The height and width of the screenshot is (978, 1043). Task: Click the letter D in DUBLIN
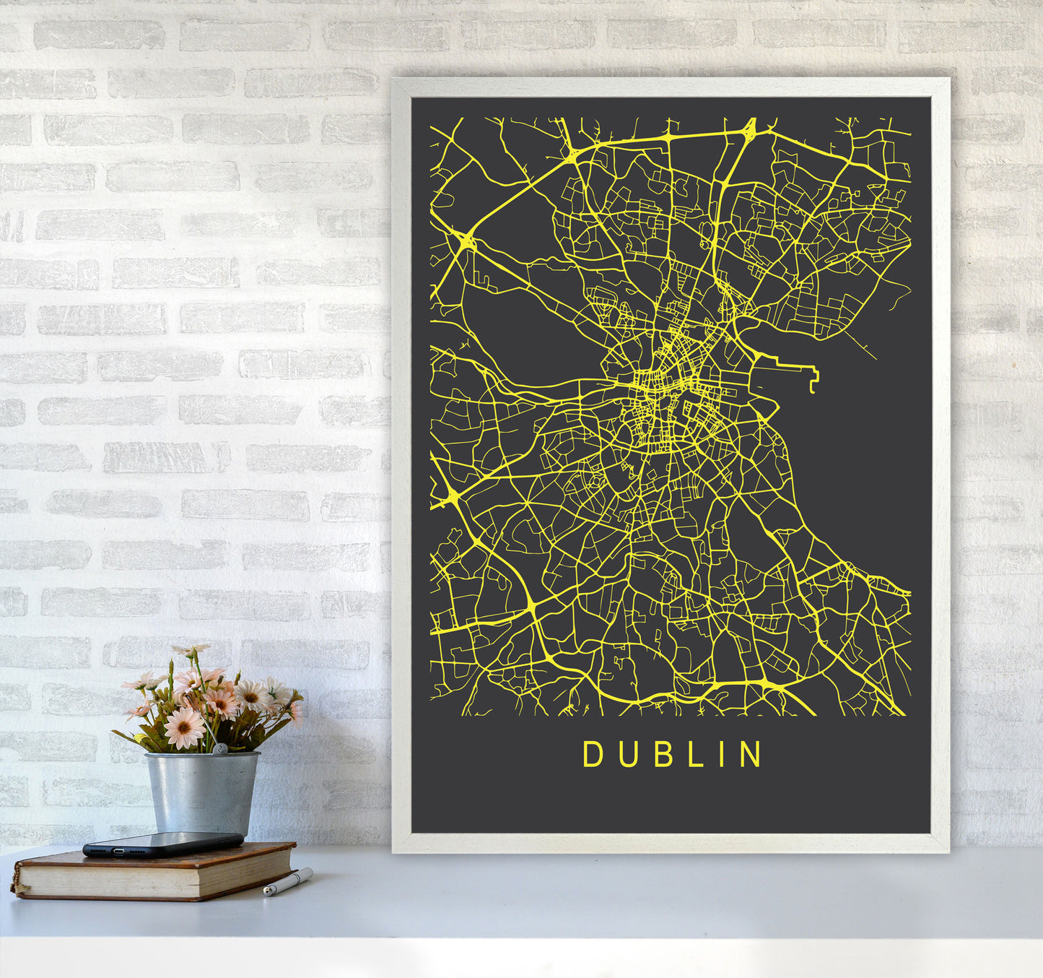pyautogui.click(x=593, y=754)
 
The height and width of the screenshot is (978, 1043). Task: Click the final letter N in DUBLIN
pyautogui.click(x=751, y=754)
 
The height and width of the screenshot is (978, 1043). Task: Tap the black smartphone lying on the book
pyautogui.click(x=162, y=844)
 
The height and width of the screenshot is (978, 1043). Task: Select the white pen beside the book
pyautogui.click(x=288, y=882)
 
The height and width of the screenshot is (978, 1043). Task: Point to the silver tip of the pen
pyautogui.click(x=266, y=893)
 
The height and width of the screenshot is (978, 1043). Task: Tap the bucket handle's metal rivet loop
pyautogui.click(x=217, y=750)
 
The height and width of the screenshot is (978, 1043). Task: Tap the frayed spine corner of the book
pyautogui.click(x=15, y=885)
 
